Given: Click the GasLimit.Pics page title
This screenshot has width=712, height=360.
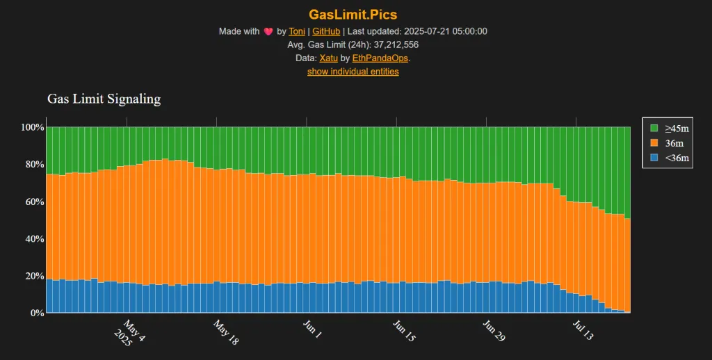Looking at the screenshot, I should click(353, 14).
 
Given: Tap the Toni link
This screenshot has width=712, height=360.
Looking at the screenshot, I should click(297, 31).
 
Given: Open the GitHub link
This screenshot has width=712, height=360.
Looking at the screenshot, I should click(326, 31).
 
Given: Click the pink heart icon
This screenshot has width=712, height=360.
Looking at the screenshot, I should click(268, 31).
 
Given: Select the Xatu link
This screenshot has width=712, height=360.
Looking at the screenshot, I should click(329, 58).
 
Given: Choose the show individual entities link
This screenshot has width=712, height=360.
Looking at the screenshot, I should click(353, 71).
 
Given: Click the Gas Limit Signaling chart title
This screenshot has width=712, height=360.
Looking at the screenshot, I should click(104, 99).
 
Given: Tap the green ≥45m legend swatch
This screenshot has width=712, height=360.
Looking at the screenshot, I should click(654, 129).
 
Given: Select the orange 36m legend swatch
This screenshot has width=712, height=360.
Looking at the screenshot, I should click(654, 143).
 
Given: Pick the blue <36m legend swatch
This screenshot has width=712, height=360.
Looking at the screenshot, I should click(654, 158).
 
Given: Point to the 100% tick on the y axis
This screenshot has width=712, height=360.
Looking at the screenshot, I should click(33, 128).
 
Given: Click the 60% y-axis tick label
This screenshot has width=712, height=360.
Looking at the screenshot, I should click(33, 202).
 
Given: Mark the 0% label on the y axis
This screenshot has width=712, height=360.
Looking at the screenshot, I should click(36, 313).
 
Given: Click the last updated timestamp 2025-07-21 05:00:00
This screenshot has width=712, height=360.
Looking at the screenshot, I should click(445, 31).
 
